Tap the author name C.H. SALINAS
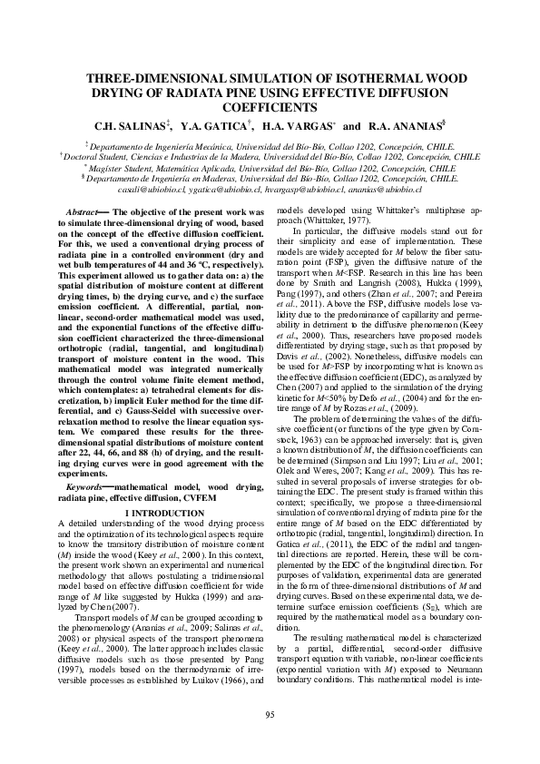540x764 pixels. tap(136, 124)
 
